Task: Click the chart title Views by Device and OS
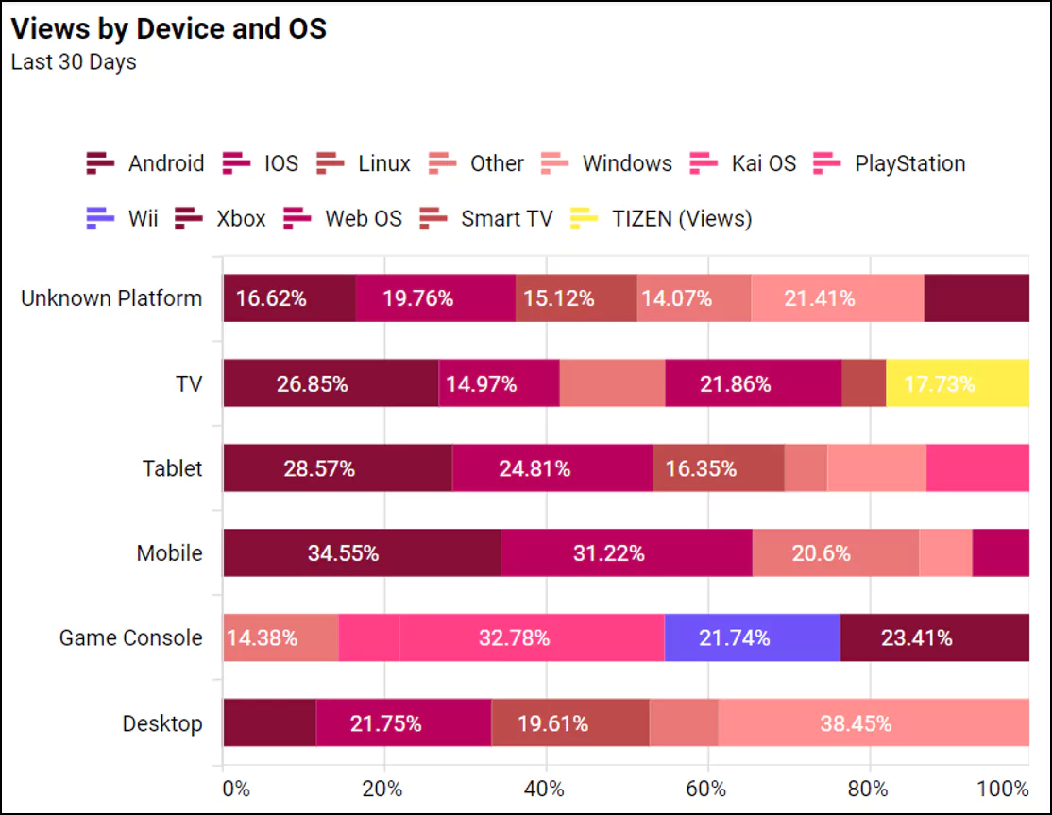(x=168, y=29)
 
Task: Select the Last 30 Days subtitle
(x=74, y=62)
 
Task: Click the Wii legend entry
(x=123, y=219)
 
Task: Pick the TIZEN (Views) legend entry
(x=661, y=219)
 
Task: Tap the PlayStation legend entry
(x=890, y=163)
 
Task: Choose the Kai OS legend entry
(x=744, y=163)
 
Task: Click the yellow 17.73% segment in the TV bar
(x=957, y=383)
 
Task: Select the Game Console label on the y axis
(x=130, y=637)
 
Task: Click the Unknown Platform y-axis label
(x=111, y=298)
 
